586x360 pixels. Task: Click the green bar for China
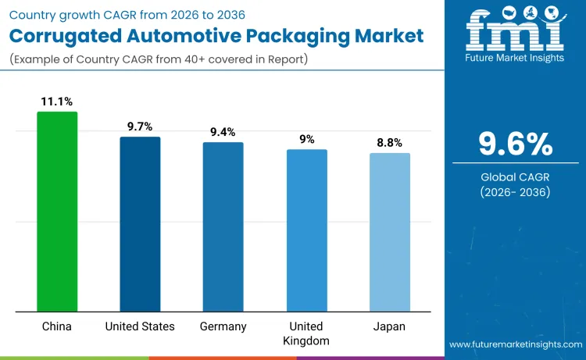[57, 212]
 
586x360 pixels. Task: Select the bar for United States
[140, 224]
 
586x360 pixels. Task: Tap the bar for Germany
[223, 227]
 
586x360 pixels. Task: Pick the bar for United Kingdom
[306, 230]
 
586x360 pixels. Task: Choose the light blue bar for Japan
[389, 233]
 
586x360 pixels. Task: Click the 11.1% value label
[57, 102]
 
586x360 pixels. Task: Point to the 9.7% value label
[140, 127]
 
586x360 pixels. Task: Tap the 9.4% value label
[223, 132]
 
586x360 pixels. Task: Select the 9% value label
[306, 139]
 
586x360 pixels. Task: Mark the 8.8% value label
[389, 143]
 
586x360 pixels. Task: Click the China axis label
[57, 326]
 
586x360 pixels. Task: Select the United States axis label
[140, 326]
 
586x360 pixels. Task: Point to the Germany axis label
[223, 326]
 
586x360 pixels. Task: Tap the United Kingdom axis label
[306, 333]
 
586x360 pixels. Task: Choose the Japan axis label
[389, 326]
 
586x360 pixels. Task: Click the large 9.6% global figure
[515, 144]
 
